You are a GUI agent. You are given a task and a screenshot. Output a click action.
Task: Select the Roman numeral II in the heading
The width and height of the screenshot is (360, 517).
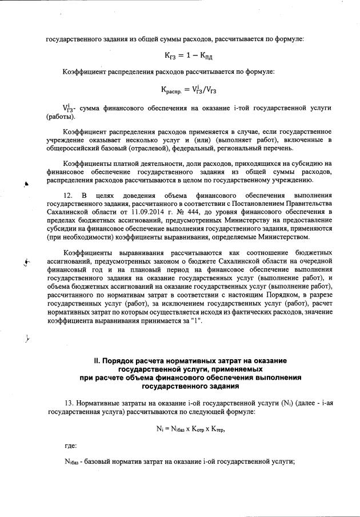98,361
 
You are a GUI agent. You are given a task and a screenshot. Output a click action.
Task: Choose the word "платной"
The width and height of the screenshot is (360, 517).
124,164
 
